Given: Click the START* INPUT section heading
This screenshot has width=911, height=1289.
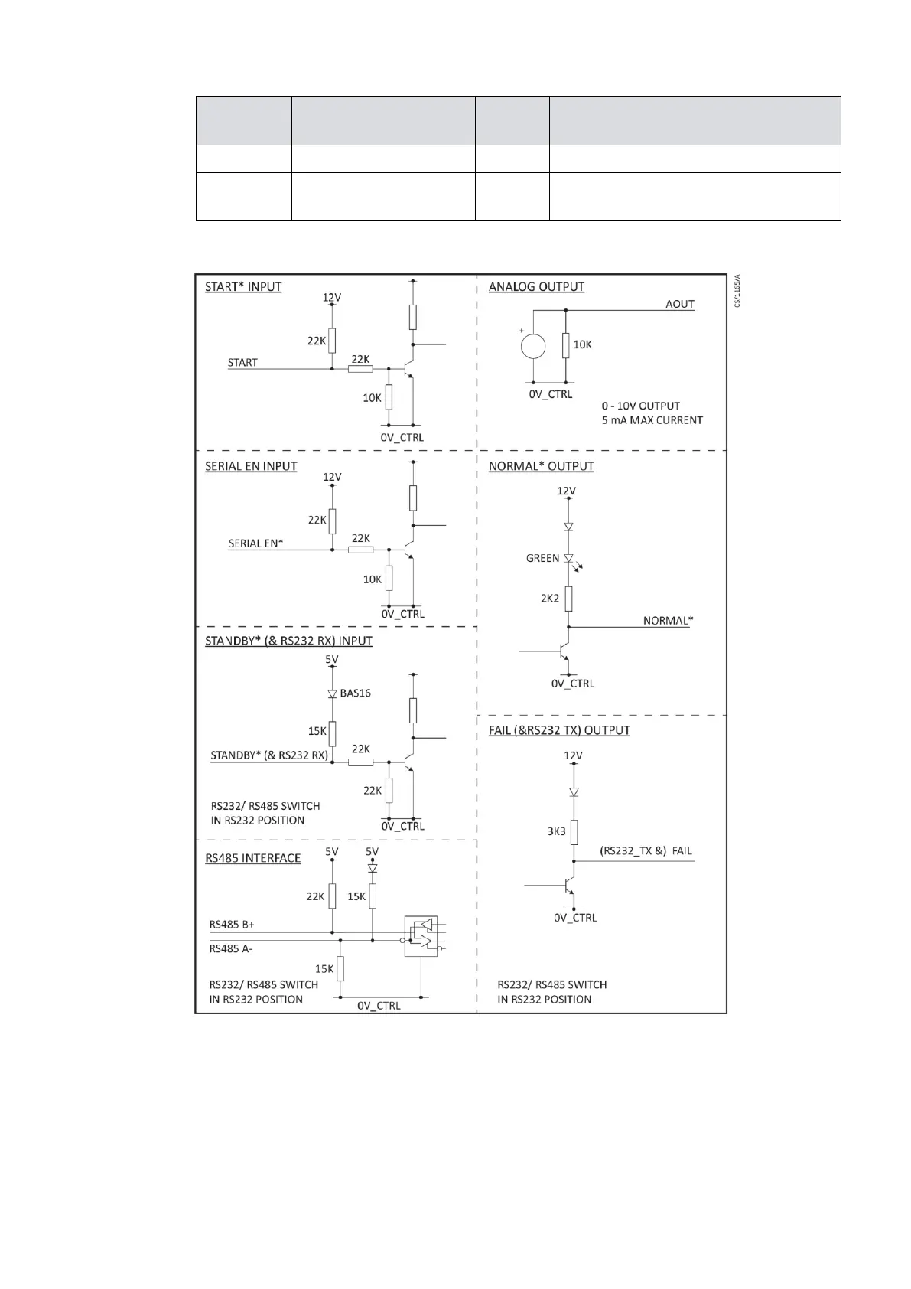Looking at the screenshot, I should [x=243, y=287].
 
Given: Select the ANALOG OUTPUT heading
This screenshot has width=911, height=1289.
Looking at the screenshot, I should [x=536, y=287].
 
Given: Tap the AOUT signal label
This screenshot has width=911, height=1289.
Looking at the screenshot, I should [x=679, y=304].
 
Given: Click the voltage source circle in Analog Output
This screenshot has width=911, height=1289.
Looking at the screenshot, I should [x=533, y=346].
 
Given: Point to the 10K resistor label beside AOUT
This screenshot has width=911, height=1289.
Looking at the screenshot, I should [x=582, y=344].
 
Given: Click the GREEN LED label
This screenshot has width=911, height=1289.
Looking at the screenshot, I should [x=542, y=559].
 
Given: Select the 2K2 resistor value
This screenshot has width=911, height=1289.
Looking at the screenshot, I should [x=550, y=599].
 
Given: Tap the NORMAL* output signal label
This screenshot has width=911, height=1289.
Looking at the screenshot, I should [x=668, y=621].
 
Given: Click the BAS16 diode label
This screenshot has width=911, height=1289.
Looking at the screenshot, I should [x=355, y=693].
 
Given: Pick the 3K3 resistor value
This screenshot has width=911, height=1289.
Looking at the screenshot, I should [x=556, y=831].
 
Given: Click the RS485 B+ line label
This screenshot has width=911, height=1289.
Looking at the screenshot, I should [x=232, y=925].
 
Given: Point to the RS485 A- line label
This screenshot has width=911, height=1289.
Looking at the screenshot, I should [x=231, y=949].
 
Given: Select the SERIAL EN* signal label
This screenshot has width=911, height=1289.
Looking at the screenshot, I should [x=255, y=543].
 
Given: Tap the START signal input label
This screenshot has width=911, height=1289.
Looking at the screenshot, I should [x=242, y=363].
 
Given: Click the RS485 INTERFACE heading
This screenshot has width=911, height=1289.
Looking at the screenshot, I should [x=252, y=858].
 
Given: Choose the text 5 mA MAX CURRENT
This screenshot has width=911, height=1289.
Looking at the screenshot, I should [x=652, y=420].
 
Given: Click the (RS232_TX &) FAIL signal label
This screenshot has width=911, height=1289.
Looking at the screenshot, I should [x=646, y=851].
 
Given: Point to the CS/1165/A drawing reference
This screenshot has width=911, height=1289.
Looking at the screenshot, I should [x=737, y=291].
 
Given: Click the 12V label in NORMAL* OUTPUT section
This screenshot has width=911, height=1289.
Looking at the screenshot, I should [x=566, y=491].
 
